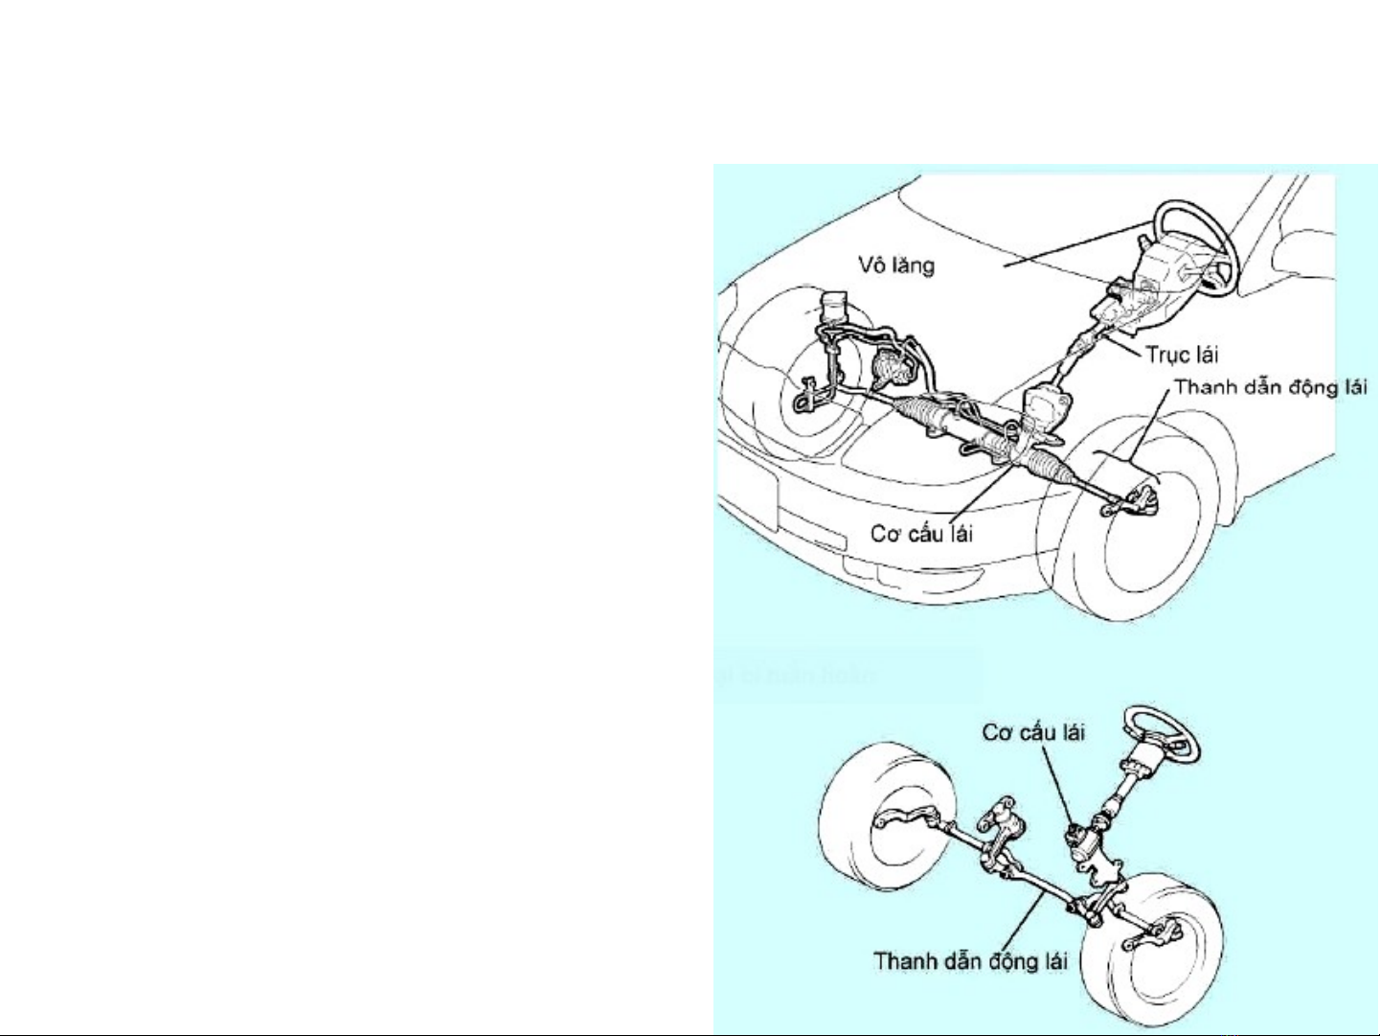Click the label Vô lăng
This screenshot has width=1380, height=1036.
coord(896,265)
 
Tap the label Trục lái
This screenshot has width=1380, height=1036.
coord(1182,355)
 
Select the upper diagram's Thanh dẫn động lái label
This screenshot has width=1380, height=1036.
coord(1271,388)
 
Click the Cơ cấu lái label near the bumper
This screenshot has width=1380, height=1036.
coord(921,534)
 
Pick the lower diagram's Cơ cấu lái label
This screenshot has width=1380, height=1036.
coord(1033,733)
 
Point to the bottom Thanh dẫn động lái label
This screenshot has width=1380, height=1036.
coord(970,961)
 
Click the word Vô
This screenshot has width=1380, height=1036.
coord(871,265)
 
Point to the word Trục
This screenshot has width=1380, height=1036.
coord(1167,356)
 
